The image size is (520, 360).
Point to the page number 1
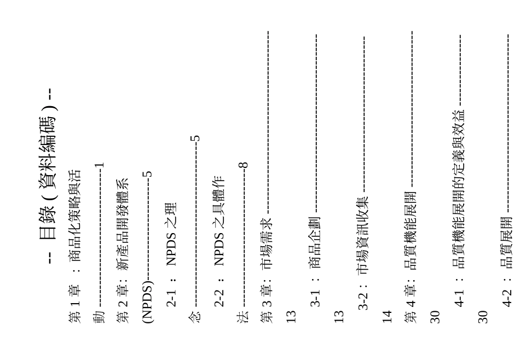(x=99, y=165)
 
